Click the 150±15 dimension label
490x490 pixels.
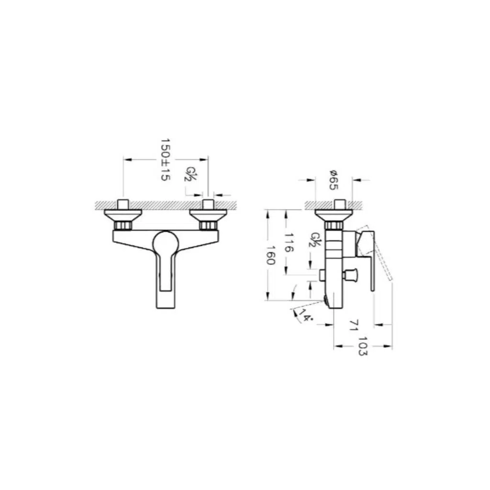[165, 160]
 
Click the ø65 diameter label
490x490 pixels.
[334, 180]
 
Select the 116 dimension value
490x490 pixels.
[289, 243]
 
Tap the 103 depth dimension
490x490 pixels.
[363, 346]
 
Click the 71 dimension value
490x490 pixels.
[354, 325]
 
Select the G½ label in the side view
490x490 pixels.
[315, 239]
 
